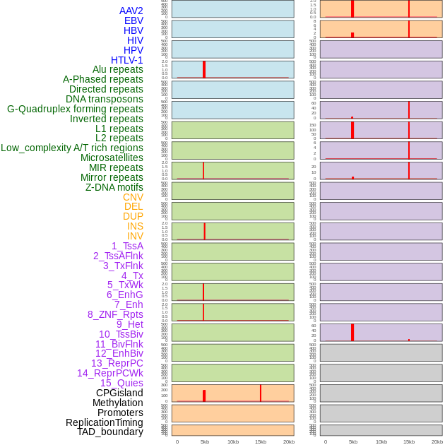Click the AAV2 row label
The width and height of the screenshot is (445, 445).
tap(131, 11)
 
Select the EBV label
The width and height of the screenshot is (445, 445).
tap(133, 20)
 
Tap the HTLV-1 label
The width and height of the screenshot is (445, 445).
tap(126, 60)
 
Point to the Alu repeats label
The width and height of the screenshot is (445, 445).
tap(117, 69)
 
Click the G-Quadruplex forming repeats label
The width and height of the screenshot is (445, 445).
tap(75, 109)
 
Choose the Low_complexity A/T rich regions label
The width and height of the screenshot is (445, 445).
tap(72, 148)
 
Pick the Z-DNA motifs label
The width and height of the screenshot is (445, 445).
tap(114, 187)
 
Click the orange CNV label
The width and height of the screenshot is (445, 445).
tap(133, 197)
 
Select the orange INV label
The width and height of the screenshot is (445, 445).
tap(135, 236)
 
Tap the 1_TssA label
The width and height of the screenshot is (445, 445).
tap(127, 246)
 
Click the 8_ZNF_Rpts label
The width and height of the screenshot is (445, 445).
tap(115, 314)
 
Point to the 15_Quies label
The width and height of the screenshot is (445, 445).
tap(121, 383)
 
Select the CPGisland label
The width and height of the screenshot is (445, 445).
tap(119, 393)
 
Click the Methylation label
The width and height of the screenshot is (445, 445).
tap(117, 403)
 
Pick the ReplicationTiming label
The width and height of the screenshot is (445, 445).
tap(104, 422)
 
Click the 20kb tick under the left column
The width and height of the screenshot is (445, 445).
tap(289, 441)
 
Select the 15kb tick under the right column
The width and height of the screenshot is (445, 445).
tap(409, 441)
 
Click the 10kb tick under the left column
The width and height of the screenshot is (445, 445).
tap(233, 441)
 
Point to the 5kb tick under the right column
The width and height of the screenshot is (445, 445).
tap(353, 441)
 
